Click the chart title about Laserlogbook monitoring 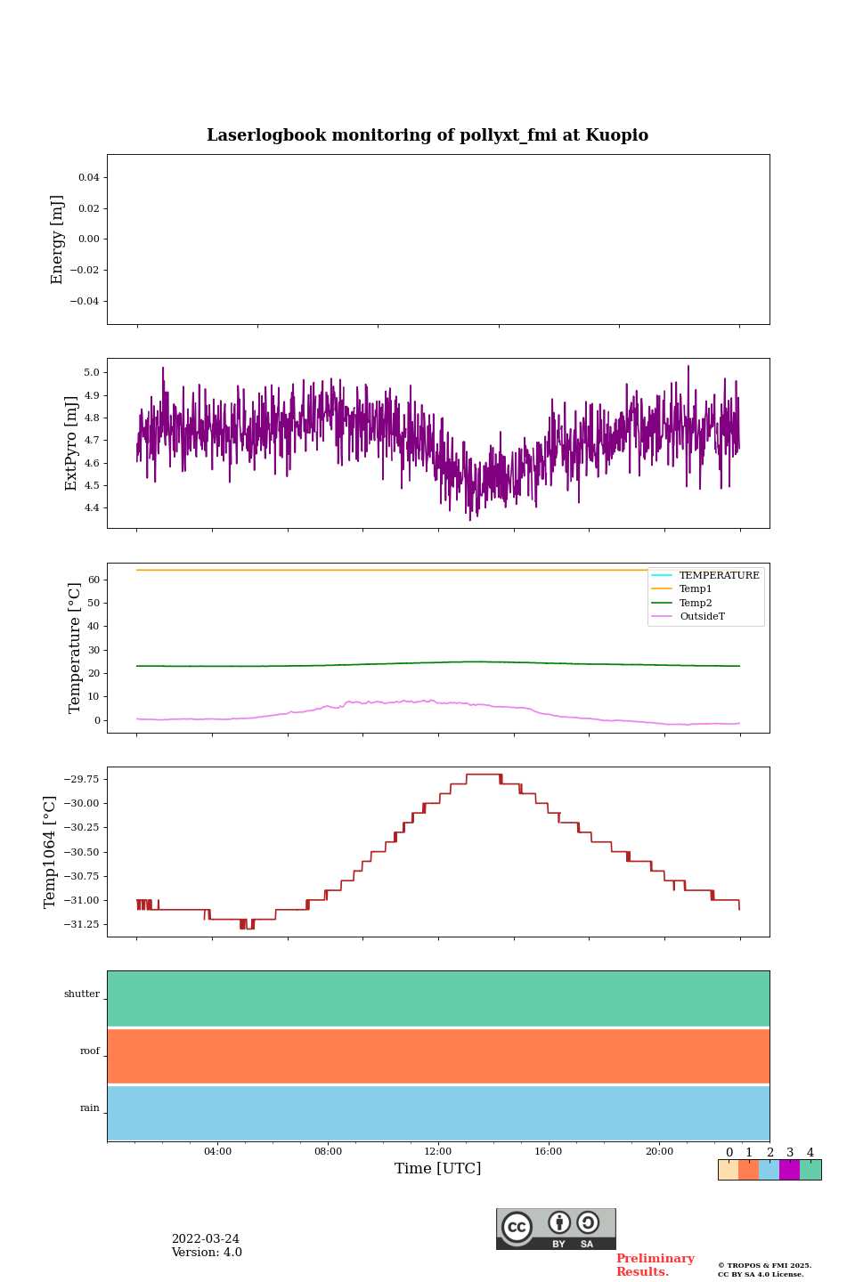427,135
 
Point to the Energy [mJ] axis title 58,239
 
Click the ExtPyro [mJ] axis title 72,443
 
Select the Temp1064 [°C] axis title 51,852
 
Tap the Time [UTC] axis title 437,1169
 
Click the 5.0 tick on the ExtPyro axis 91,373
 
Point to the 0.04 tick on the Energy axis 88,178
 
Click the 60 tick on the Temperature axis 93,580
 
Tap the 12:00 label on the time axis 438,1152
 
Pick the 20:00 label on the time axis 659,1152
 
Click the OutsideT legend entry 702,617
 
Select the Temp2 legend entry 696,604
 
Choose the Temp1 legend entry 696,589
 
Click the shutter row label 82,994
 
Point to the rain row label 90,1108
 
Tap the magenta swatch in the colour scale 789,1170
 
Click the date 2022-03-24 206,1239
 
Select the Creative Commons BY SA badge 556,1229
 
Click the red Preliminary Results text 655,1265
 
